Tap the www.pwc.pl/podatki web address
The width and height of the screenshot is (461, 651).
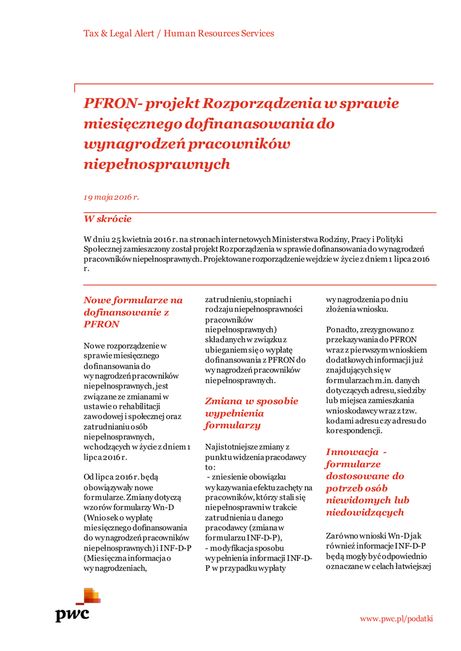click(396, 618)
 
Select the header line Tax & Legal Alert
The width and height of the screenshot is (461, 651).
click(118, 33)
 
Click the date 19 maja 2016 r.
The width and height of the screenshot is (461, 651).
click(111, 197)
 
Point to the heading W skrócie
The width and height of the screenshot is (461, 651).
click(107, 219)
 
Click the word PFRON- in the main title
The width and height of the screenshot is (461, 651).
click(109, 103)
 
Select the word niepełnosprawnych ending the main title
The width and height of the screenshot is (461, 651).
click(156, 164)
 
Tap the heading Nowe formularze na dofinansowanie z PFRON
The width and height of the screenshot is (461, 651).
click(133, 312)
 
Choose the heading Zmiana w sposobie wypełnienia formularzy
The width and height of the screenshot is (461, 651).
click(251, 413)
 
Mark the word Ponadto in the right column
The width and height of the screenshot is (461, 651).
click(343, 330)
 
